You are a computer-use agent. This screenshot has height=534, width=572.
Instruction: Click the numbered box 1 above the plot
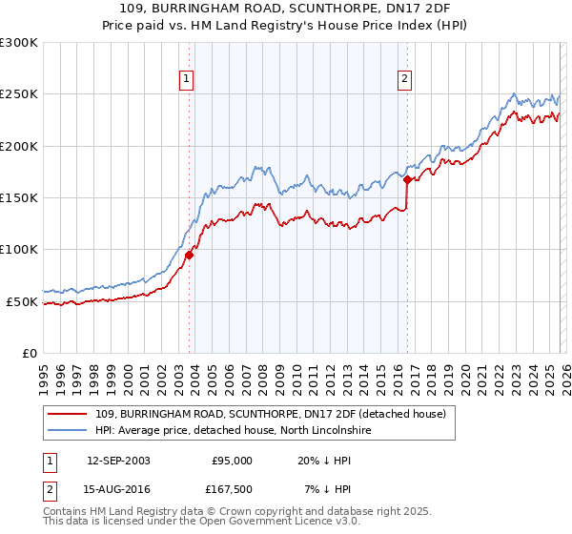pyautogui.click(x=186, y=79)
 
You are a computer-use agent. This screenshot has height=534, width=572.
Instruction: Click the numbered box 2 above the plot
pyautogui.click(x=405, y=79)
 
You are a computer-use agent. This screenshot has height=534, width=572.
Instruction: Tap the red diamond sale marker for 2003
pyautogui.click(x=190, y=255)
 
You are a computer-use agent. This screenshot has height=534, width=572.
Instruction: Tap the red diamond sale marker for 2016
pyautogui.click(x=407, y=179)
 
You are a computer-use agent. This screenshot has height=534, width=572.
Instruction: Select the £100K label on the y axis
pyautogui.click(x=19, y=250)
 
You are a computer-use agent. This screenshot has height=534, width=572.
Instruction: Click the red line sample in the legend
pyautogui.click(x=69, y=414)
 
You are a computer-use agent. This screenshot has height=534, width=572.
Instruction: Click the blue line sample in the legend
pyautogui.click(x=69, y=431)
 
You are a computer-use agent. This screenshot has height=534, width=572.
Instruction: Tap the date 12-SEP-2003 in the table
pyautogui.click(x=118, y=461)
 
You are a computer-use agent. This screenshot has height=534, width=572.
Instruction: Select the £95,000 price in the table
pyautogui.click(x=232, y=461)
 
